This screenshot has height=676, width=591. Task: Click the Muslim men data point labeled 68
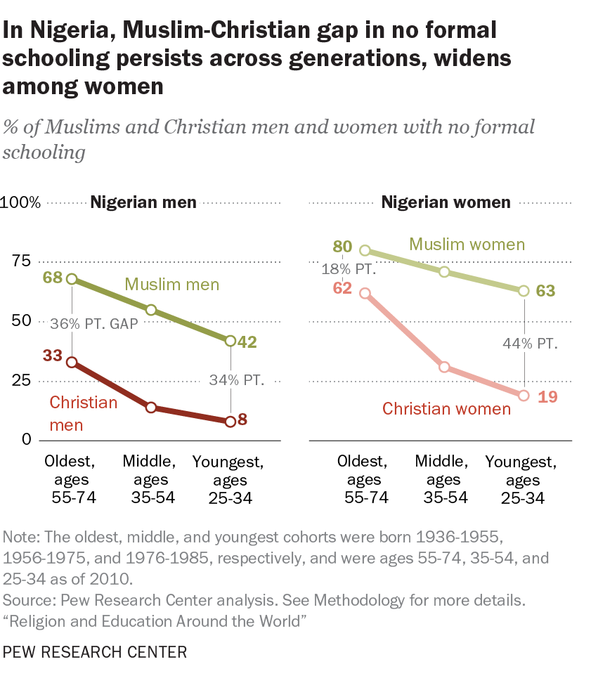72,279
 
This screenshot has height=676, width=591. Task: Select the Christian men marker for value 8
230,422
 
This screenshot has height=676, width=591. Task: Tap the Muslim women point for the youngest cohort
523,291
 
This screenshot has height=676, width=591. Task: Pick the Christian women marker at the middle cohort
444,368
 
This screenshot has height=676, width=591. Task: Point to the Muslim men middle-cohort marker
151,310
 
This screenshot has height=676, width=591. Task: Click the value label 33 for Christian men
53,356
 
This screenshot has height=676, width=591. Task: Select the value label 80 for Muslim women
342,247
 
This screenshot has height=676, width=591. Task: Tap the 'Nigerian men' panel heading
143,203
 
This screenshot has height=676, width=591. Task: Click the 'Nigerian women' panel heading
446,203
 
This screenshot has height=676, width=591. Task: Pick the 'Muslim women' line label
467,245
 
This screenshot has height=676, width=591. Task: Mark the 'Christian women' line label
446,408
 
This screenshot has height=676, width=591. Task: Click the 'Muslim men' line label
172,285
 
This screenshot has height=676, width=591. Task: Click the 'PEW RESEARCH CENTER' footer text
96,652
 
